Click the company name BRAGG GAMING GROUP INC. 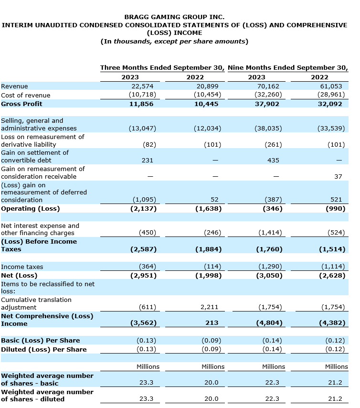174,17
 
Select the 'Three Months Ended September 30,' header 162,68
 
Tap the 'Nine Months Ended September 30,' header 287,68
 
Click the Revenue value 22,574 141,86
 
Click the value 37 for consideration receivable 338,177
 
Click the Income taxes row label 22,267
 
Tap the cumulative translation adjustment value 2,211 212,307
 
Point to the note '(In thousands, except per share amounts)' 174,41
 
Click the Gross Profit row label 21,104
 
